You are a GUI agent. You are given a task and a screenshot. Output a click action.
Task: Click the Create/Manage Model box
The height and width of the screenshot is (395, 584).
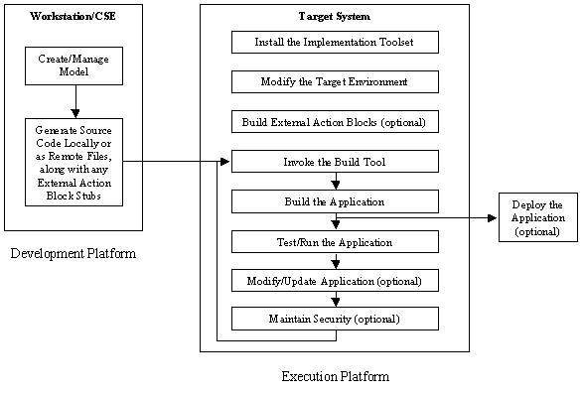(73, 66)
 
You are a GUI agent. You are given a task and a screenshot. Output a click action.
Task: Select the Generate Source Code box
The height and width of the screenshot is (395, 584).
(73, 161)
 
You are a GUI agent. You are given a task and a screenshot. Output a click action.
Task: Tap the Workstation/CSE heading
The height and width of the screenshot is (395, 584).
(72, 18)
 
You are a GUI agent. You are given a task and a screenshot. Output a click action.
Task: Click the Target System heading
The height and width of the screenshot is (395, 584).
(334, 17)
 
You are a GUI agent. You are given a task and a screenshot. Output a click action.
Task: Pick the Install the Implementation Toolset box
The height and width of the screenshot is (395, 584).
(335, 42)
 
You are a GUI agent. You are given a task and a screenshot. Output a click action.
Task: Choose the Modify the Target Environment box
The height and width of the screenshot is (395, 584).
(335, 81)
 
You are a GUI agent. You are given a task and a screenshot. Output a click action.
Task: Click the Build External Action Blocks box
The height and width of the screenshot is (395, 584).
(335, 122)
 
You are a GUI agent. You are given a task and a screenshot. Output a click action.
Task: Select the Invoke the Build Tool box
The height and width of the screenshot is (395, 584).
(335, 162)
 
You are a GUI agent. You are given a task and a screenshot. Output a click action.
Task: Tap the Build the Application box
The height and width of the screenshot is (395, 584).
(335, 201)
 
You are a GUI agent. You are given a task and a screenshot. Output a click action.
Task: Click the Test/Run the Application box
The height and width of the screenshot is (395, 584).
(335, 241)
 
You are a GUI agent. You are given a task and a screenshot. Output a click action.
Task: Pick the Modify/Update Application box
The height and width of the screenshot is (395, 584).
(335, 281)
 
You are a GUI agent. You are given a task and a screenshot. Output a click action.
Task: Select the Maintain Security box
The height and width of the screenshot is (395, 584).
(335, 319)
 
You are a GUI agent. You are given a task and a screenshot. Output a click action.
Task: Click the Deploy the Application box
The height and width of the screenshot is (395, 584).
(537, 217)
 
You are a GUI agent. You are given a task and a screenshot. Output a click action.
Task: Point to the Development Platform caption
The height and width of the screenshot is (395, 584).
(73, 254)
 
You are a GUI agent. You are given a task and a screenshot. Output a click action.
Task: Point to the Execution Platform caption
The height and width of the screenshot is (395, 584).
(336, 376)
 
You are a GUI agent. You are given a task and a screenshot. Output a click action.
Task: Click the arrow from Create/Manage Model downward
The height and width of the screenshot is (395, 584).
(74, 100)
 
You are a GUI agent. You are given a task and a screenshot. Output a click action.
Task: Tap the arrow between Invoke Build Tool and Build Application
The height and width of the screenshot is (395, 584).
(336, 182)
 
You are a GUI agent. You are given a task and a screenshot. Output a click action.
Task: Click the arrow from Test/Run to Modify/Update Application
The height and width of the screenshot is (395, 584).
(336, 261)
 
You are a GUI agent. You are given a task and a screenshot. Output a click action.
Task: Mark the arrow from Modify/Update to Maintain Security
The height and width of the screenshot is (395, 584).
(336, 300)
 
